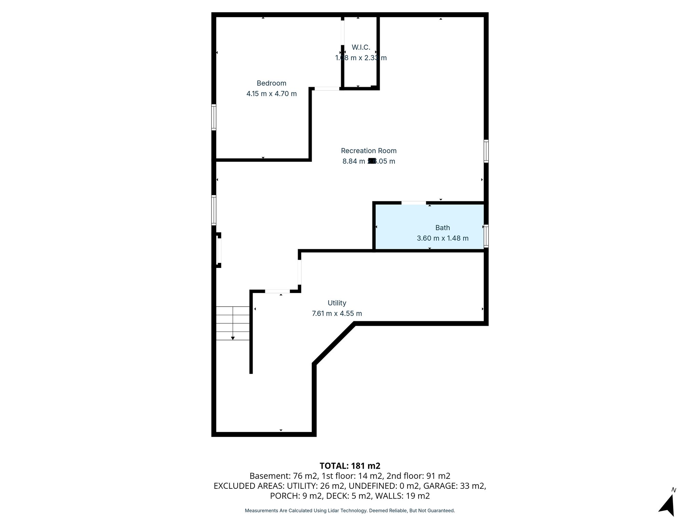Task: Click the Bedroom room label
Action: [x=271, y=83]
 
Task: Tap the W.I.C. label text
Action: [x=361, y=47]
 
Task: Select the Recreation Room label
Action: [x=368, y=151]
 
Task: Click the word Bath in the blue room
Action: [x=442, y=228]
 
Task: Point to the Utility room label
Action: [x=337, y=303]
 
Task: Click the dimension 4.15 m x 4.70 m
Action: [x=271, y=94]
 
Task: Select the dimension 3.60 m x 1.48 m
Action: [x=442, y=238]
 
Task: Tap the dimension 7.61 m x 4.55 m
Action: [x=337, y=313]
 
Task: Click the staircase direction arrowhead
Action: [x=233, y=338]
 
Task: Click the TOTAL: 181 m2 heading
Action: [x=350, y=466]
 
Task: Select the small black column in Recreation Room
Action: [x=372, y=161]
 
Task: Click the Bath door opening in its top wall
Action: [x=414, y=203]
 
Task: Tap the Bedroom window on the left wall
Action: [x=214, y=117]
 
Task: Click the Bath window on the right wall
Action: [x=486, y=236]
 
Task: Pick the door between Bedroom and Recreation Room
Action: [x=327, y=89]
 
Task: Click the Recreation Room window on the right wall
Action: [x=486, y=151]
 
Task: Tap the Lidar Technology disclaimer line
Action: [x=350, y=511]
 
